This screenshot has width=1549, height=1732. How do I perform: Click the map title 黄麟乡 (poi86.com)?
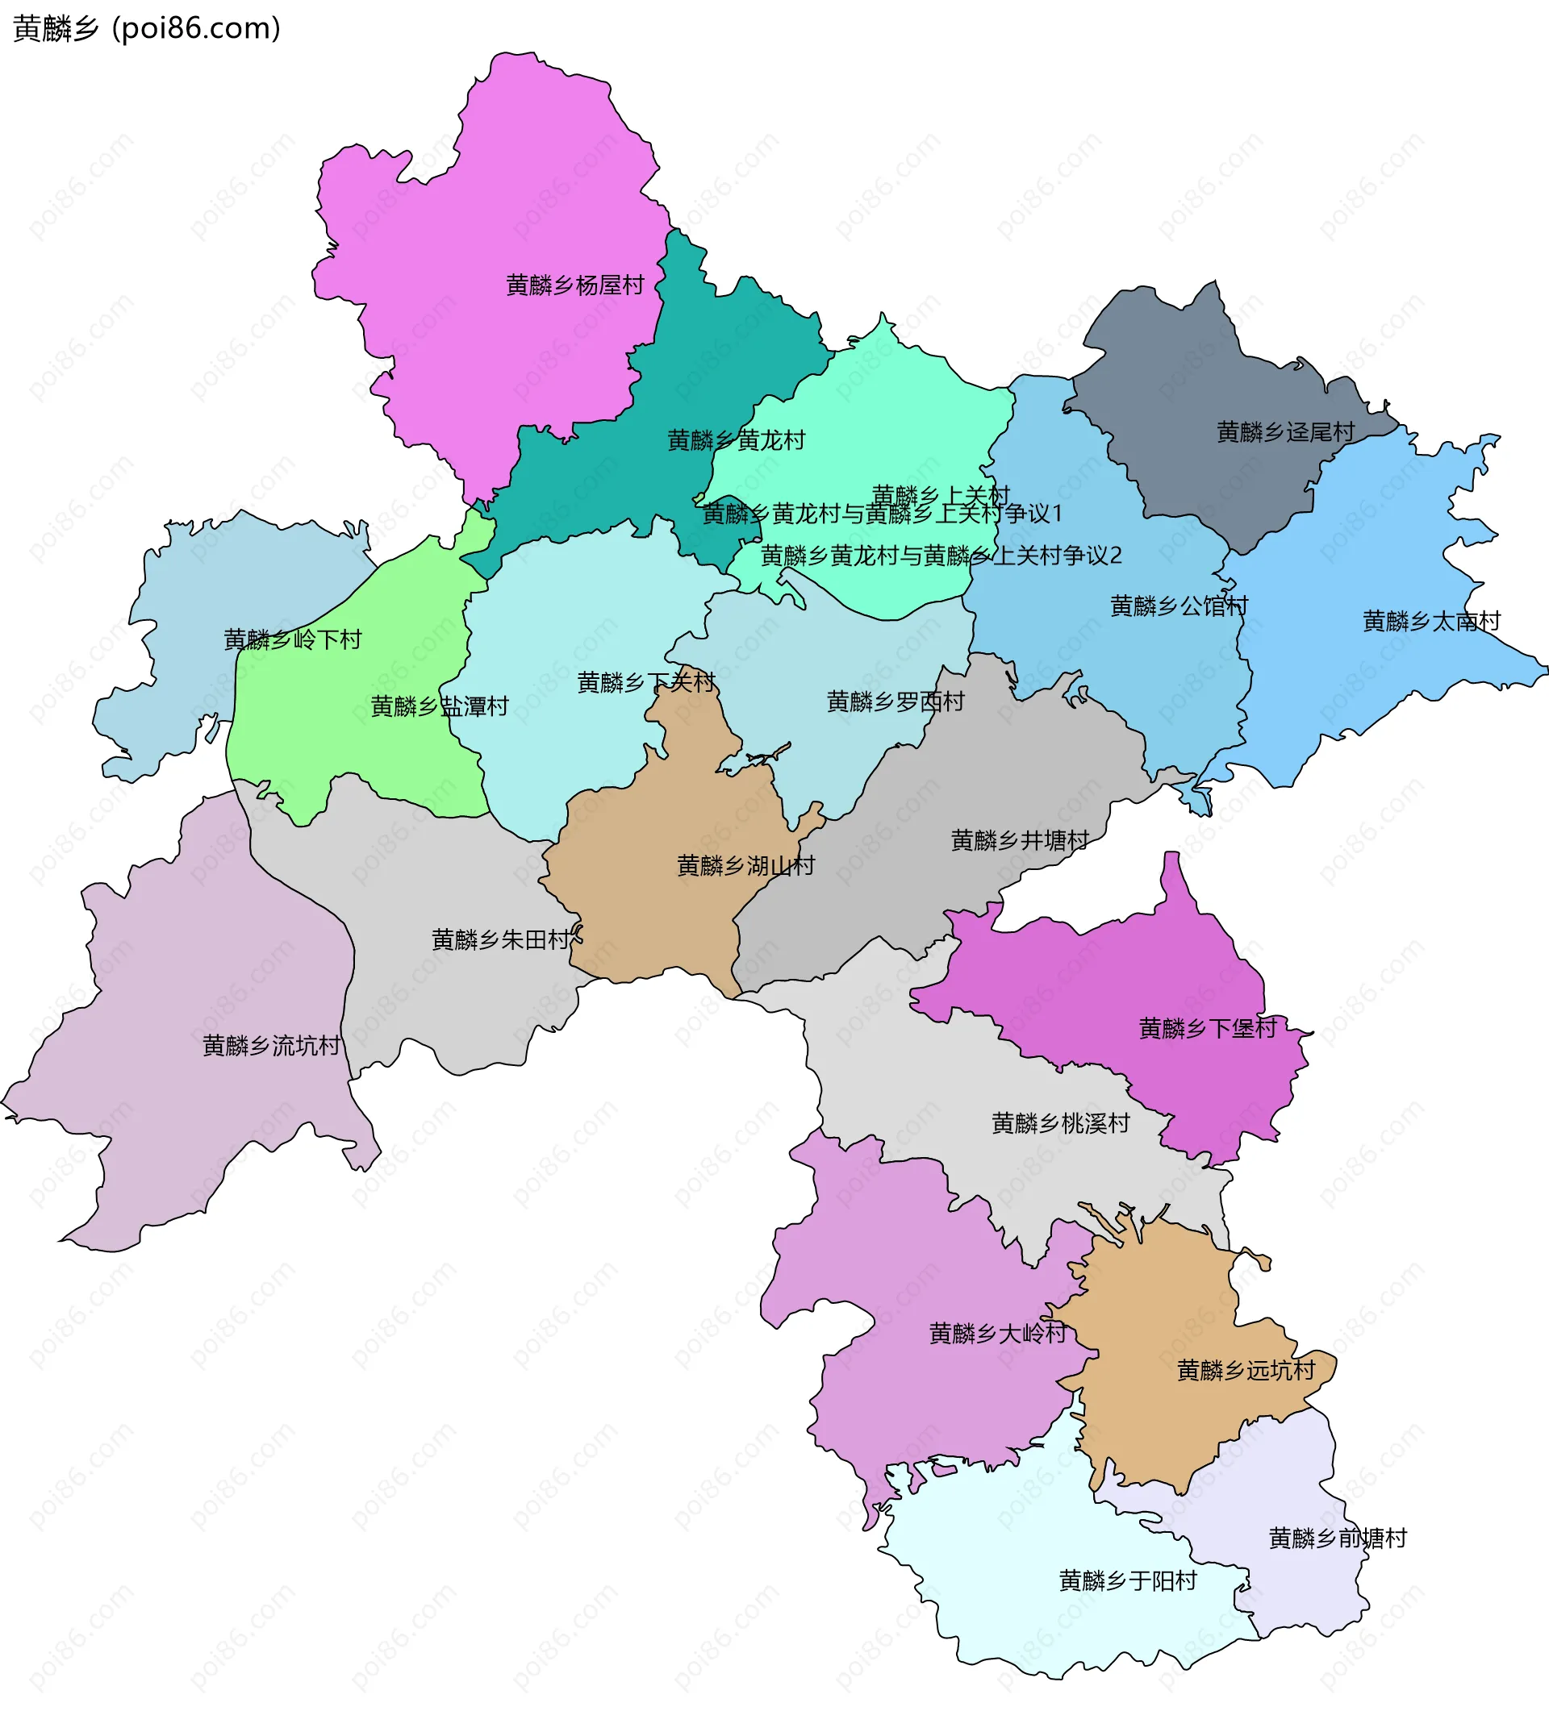pos(146,29)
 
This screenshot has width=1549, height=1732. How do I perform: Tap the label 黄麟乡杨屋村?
pos(574,285)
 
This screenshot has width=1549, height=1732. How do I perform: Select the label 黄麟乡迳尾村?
pos(1285,432)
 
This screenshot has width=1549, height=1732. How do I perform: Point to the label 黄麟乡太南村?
pos(1431,621)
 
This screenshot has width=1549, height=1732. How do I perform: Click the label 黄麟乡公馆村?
pos(1179,606)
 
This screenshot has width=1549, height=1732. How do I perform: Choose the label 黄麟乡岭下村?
pos(292,639)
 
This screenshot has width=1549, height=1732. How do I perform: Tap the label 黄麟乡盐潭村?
pos(439,706)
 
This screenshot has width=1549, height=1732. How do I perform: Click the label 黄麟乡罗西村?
pos(896,701)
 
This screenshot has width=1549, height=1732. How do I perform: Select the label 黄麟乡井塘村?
pos(1020,840)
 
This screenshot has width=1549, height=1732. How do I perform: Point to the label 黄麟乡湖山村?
pos(745,866)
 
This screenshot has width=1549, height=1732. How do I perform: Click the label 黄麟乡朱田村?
pos(500,939)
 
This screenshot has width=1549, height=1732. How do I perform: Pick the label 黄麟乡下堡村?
pos(1208,1029)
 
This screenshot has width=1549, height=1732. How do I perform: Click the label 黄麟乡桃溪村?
pos(1060,1123)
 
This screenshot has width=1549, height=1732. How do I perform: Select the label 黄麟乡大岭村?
pos(997,1333)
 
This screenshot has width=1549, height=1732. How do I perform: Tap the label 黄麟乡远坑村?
pos(1246,1370)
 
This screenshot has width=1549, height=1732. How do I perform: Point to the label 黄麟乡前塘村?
pos(1338,1538)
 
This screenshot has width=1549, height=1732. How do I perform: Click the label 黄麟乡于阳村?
pos(1128,1580)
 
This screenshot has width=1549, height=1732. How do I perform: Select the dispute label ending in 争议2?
pos(941,556)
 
